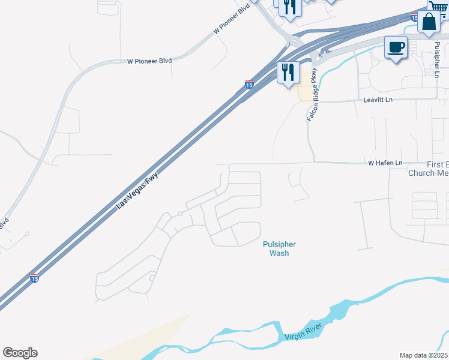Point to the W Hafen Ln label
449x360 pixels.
(385, 163)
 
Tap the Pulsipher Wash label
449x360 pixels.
(279, 248)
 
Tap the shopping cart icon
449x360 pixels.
(438, 5)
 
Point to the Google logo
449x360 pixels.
(20, 353)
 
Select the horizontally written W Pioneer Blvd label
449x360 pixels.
(149, 61)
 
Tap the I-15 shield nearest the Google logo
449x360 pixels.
(35, 278)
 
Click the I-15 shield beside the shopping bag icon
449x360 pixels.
(415, 17)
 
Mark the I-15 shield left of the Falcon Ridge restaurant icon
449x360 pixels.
(249, 85)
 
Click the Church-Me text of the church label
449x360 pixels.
(429, 173)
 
